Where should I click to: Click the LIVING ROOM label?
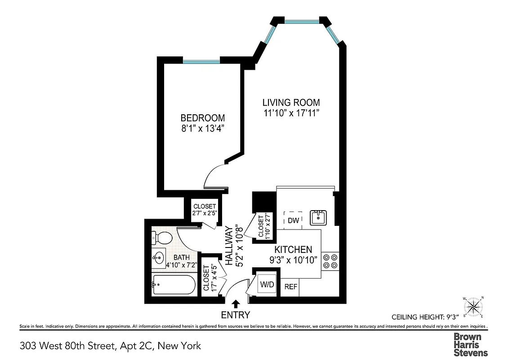291,103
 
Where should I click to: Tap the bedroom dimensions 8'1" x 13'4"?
202,128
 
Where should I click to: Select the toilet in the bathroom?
161,237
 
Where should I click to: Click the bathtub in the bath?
174,284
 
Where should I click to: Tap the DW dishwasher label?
293,220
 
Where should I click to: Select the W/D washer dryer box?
266,284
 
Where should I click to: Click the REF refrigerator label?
290,287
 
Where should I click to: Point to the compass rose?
473,306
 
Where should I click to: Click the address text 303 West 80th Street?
68,346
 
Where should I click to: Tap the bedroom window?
201,61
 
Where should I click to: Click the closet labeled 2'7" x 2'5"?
205,210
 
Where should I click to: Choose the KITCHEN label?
293,249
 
